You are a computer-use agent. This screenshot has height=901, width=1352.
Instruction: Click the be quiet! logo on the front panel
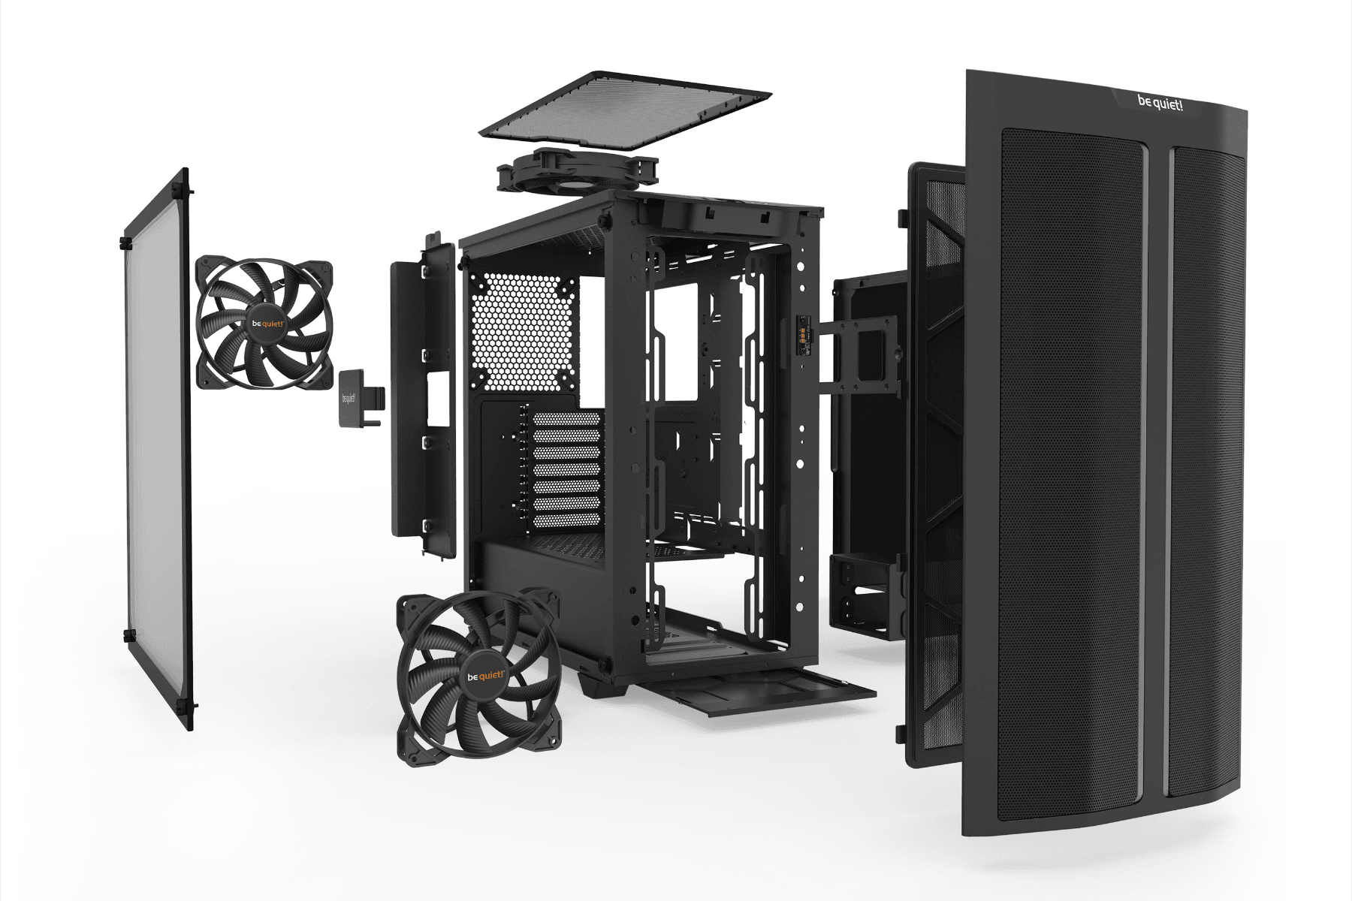[1160, 103]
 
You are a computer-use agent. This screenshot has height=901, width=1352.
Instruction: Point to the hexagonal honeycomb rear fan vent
[524, 330]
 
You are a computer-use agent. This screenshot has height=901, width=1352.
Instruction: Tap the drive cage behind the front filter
[864, 597]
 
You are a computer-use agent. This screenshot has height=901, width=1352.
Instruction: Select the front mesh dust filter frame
[935, 466]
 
